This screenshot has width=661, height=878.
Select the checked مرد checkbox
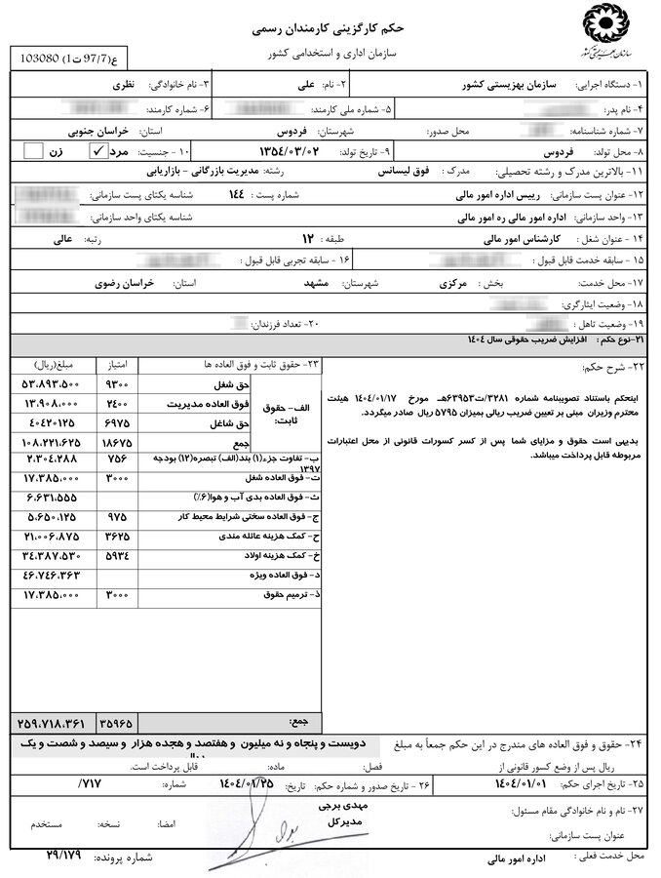(97, 151)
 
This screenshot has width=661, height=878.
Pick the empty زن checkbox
(34, 151)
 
